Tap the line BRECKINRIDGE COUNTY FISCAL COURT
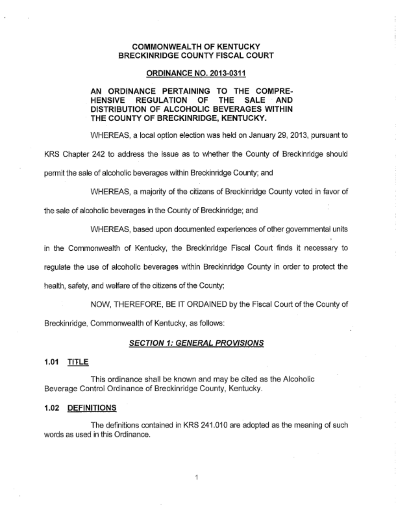196,55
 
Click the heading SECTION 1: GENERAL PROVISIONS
196,343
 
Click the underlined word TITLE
78,362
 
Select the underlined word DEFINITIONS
92,408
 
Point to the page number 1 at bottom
196,477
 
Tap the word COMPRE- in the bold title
274,91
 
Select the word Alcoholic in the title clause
298,379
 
